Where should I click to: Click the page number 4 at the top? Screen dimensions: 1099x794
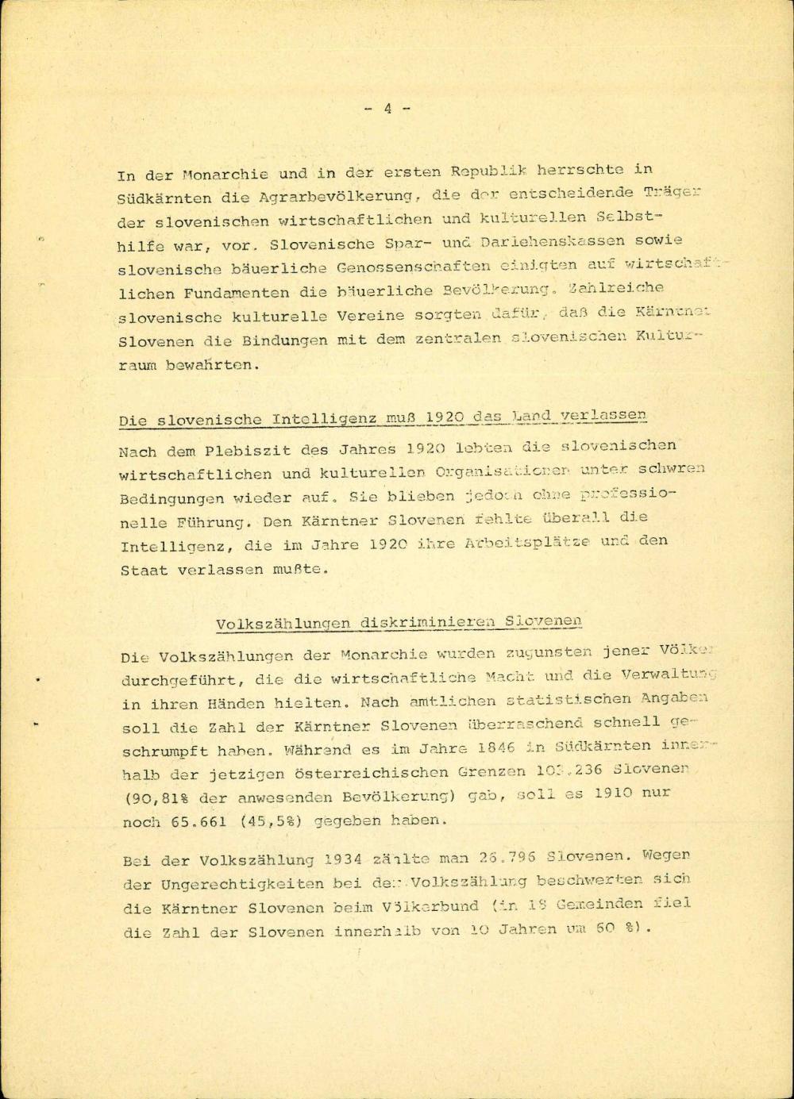[387, 109]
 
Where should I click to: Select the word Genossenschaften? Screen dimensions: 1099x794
[413, 267]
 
